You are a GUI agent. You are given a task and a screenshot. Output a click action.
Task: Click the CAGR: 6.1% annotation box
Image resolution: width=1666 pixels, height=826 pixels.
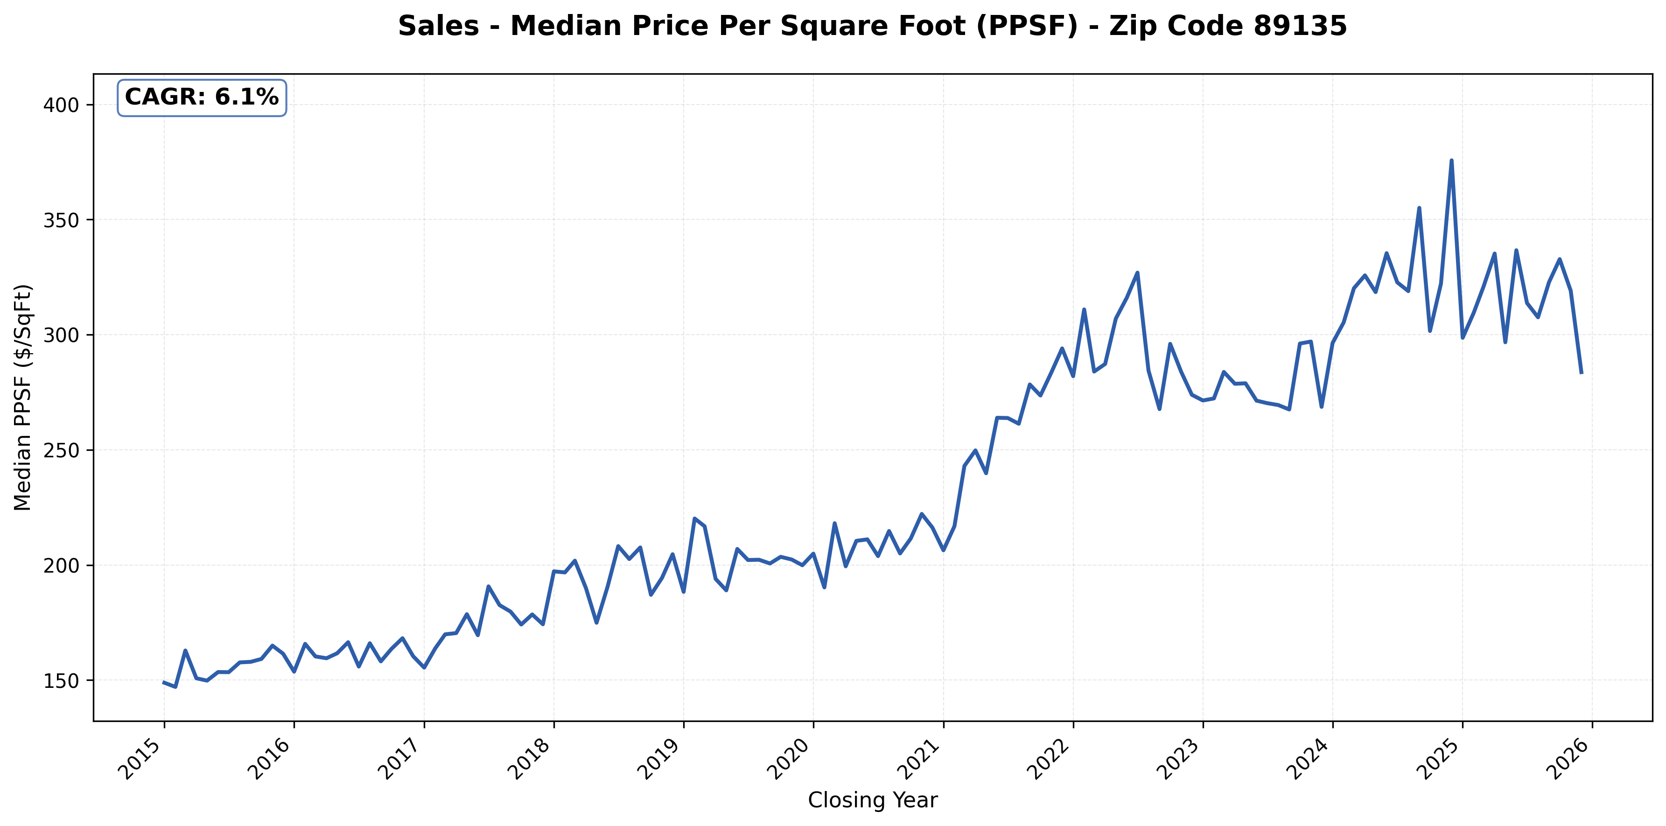point(201,98)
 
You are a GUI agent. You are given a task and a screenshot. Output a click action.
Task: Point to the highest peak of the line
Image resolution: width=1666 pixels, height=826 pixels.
point(1451,161)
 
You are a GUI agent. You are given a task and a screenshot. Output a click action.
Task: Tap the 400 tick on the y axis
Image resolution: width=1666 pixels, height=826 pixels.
point(60,105)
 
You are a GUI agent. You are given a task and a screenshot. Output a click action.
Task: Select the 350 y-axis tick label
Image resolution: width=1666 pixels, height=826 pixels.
point(60,220)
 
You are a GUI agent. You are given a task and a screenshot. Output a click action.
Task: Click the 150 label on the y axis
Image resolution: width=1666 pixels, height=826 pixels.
point(60,680)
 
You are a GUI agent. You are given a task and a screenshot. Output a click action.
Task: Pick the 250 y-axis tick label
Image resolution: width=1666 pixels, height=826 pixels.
point(60,450)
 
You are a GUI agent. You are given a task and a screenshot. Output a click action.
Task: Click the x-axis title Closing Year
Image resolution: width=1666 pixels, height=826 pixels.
point(873,800)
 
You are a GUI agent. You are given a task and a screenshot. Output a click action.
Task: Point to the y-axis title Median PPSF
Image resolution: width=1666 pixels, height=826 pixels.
point(23,397)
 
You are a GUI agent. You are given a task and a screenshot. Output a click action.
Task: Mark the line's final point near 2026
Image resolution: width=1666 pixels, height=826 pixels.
point(1581,372)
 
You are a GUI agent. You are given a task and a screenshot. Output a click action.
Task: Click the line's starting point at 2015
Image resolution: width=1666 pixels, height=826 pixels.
point(164,682)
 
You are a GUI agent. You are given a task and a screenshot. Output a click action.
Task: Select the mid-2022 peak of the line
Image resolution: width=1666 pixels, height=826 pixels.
point(1137,273)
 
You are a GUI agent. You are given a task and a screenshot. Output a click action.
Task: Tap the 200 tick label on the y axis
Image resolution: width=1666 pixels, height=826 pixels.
point(60,565)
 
